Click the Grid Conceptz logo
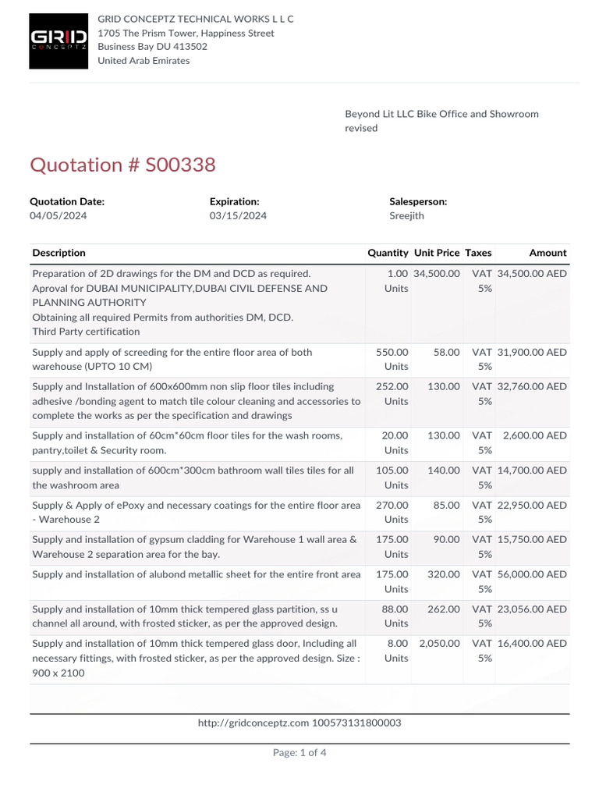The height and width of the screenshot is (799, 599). [58, 41]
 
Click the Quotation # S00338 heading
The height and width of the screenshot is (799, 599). [122, 165]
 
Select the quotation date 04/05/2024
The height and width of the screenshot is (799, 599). [58, 216]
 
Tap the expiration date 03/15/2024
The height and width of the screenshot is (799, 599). [238, 216]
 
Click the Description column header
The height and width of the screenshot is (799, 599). [59, 253]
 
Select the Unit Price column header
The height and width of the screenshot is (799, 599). [437, 253]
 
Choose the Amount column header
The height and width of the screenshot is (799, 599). [548, 253]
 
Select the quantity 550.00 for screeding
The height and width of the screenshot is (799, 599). [392, 353]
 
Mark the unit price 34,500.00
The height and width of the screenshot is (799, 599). [437, 274]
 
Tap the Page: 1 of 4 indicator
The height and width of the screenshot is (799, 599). [299, 753]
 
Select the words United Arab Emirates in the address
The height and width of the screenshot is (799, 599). [144, 61]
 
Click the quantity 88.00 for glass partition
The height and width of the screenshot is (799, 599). [395, 609]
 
